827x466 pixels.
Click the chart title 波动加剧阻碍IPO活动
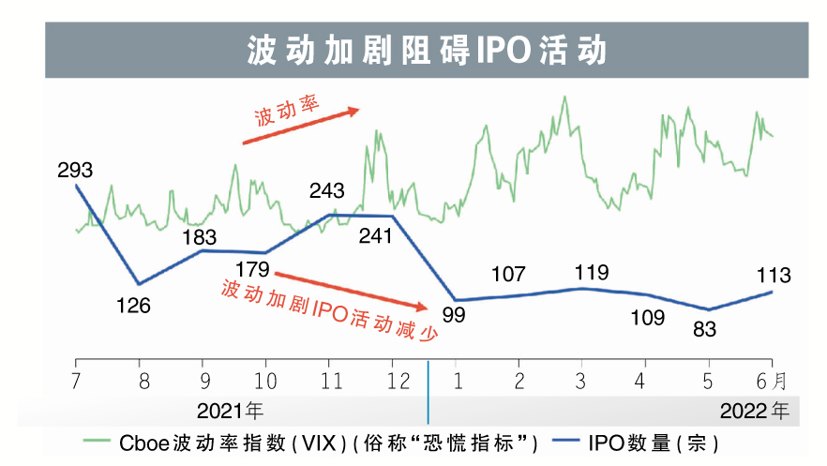(427, 50)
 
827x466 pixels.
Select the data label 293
(75, 171)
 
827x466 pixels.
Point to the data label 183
(200, 236)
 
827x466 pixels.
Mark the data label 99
(454, 314)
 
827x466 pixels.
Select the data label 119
(590, 273)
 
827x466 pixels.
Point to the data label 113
(773, 275)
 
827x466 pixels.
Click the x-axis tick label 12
(398, 381)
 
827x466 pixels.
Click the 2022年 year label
(756, 411)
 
